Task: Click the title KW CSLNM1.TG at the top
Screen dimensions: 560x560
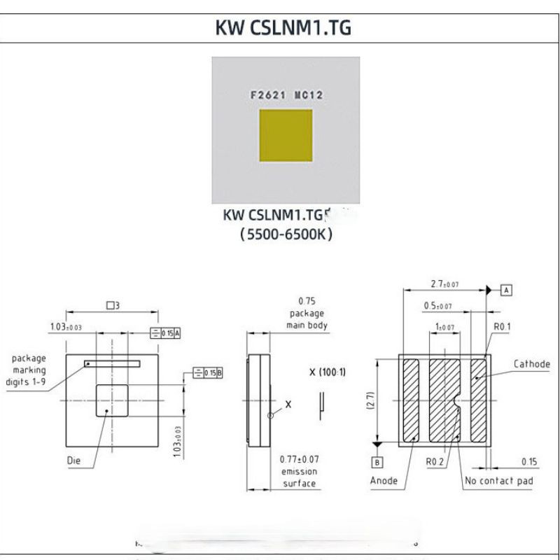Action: click(279, 29)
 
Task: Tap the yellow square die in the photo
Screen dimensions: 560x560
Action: click(286, 139)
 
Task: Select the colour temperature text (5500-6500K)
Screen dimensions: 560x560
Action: click(286, 236)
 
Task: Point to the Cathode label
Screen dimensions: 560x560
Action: click(531, 364)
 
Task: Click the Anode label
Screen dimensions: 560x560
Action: click(384, 481)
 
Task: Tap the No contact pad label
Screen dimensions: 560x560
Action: click(498, 481)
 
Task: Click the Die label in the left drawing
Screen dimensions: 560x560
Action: click(75, 461)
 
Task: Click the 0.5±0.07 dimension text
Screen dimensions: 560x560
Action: click(437, 306)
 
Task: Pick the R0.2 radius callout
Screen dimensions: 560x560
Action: click(436, 463)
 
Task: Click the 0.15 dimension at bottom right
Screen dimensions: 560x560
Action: click(529, 461)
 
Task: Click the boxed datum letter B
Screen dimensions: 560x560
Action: click(377, 462)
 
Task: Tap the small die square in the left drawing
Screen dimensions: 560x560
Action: click(113, 400)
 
